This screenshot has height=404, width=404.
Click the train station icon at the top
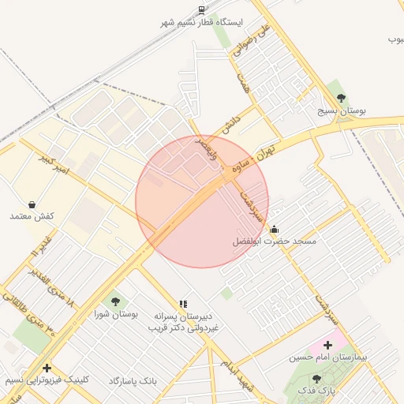click(x=202, y=10)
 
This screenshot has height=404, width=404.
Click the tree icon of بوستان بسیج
click(x=341, y=98)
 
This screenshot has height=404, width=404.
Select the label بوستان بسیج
click(x=341, y=112)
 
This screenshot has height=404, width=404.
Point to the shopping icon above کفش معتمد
click(x=32, y=204)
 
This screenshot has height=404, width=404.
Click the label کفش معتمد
click(x=32, y=216)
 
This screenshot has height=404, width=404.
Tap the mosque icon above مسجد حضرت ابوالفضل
click(x=274, y=230)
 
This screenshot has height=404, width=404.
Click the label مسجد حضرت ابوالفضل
click(x=274, y=241)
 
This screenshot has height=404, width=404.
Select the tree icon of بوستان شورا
click(x=115, y=301)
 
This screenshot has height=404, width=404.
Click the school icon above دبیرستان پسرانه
click(x=183, y=303)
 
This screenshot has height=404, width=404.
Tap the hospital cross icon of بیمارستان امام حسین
click(x=327, y=345)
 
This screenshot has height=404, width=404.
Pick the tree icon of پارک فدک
click(x=316, y=379)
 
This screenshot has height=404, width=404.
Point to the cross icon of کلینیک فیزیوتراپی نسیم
click(x=47, y=368)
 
